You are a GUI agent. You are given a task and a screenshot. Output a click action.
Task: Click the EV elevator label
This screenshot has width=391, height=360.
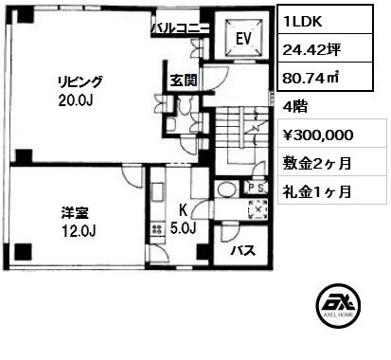tap(243, 39)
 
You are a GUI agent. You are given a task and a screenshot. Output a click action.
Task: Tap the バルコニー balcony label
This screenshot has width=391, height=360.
tap(180, 28)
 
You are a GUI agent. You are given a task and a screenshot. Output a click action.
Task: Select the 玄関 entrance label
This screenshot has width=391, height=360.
tap(184, 81)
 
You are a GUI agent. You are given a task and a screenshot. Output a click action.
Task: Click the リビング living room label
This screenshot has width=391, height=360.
tap(80, 82)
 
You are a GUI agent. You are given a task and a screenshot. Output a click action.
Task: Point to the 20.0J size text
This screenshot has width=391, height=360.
tap(75, 100)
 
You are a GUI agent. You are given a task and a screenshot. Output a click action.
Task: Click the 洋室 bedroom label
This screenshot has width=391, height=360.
tap(75, 213)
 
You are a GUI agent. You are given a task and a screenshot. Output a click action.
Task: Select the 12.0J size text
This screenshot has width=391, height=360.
tap(79, 232)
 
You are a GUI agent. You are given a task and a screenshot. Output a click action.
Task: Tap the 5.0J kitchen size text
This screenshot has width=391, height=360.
tap(184, 227)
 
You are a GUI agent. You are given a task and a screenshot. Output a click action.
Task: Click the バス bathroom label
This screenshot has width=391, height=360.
tap(242, 251)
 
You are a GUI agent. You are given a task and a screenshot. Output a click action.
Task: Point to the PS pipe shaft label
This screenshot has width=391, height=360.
tap(257, 188)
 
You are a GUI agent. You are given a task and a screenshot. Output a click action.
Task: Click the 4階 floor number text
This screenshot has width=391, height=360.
tap(295, 107)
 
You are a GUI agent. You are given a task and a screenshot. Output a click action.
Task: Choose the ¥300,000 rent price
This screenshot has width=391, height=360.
tap(318, 135)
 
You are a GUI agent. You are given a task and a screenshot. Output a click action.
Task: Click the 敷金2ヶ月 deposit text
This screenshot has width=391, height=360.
tap(317, 164)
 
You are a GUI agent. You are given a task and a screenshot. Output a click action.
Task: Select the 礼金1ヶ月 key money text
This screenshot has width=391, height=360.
tap(317, 191)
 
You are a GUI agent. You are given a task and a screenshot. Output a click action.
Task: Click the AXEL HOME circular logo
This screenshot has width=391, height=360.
tap(338, 305)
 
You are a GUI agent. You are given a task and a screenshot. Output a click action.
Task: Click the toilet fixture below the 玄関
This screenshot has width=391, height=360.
tap(183, 106)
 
